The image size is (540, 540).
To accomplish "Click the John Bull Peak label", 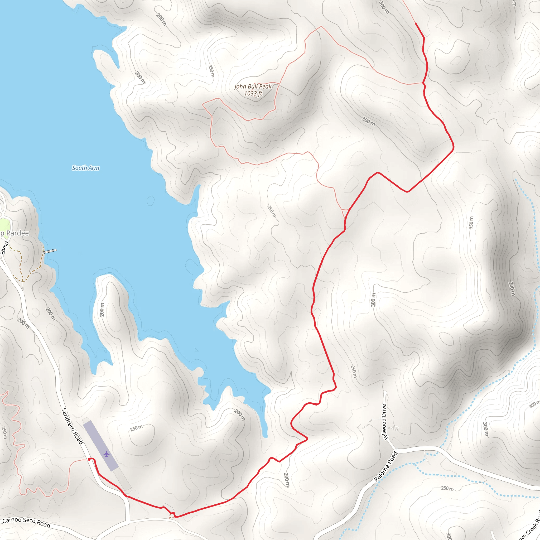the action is [253, 87].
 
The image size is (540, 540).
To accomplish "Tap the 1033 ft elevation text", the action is [253, 94].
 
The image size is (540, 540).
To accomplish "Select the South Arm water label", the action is [85, 168].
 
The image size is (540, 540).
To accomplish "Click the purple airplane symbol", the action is [106, 454].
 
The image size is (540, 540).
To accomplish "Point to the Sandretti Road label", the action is [72, 426].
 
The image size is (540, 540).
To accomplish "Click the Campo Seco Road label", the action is [26, 522].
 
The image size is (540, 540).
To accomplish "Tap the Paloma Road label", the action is [386, 466].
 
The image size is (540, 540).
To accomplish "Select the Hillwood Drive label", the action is [384, 422].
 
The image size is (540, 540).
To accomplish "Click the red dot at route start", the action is [89, 459].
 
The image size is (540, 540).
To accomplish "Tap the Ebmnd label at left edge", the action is [4, 248].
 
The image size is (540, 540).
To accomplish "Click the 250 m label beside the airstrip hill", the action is [136, 428].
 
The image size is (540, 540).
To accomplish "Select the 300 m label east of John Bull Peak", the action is [368, 121].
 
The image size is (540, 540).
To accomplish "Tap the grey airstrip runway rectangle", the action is [101, 446].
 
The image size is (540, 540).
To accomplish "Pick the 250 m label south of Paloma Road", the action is [447, 488].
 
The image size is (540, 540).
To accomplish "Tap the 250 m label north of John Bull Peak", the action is [211, 71].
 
